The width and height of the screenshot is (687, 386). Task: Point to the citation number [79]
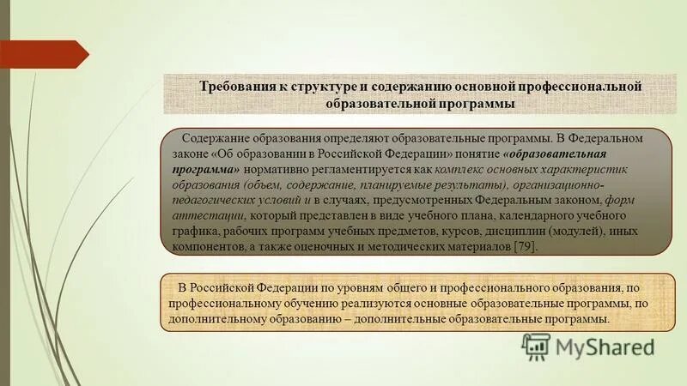525,246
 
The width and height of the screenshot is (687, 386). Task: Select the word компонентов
204,246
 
